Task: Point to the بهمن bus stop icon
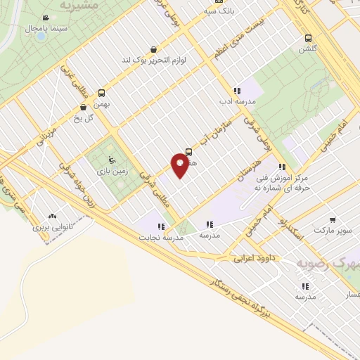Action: pyautogui.click(x=102, y=93)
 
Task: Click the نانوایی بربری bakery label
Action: pyautogui.click(x=51, y=227)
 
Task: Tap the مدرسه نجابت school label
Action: pyautogui.click(x=163, y=237)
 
